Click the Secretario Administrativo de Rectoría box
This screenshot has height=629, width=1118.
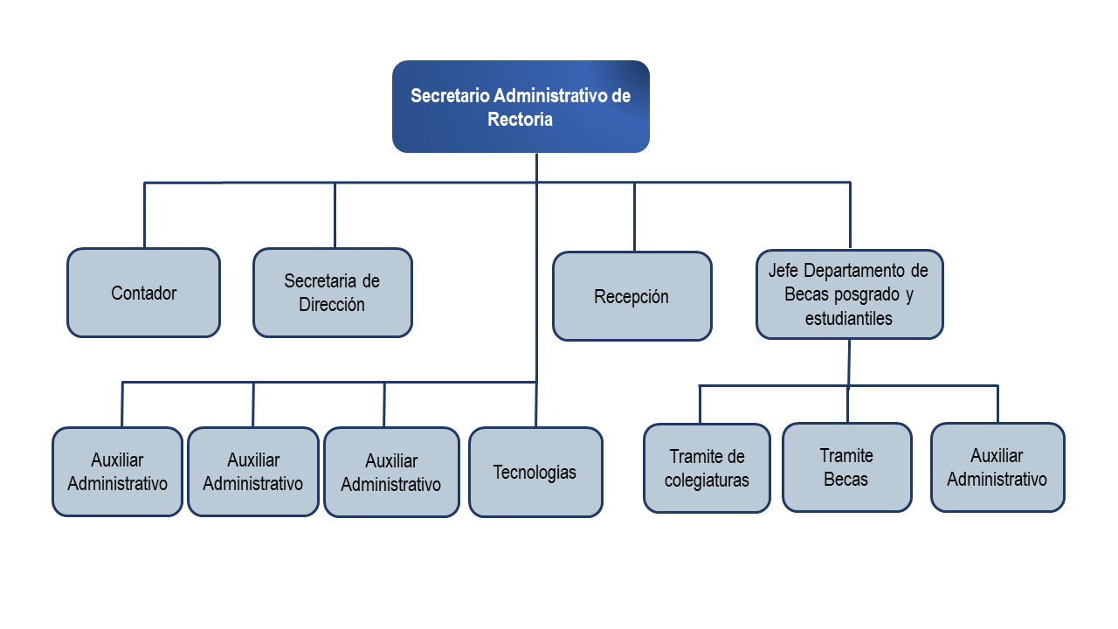click(521, 107)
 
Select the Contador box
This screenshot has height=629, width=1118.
click(143, 293)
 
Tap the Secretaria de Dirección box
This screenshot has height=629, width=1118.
click(332, 293)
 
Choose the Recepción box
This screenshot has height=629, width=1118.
click(631, 296)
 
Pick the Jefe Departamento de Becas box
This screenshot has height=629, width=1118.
click(849, 294)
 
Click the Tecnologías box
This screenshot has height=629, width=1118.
click(535, 472)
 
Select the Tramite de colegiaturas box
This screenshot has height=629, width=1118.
click(707, 468)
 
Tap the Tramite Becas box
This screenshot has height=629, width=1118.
click(846, 467)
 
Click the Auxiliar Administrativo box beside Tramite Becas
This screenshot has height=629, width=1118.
click(997, 467)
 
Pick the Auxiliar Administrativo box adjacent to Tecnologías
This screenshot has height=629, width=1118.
click(390, 472)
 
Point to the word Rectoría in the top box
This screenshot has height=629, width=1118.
click(521, 120)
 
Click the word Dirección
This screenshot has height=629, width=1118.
click(332, 305)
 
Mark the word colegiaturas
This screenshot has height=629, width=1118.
click(707, 480)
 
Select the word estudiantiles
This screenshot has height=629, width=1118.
click(849, 318)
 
